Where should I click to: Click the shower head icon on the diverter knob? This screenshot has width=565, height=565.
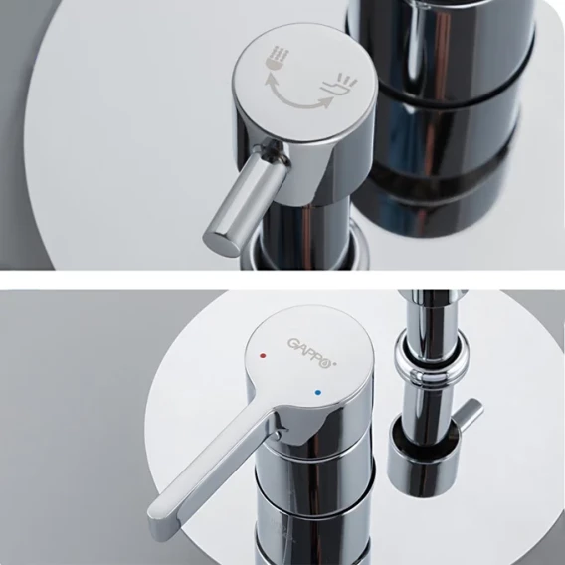(277, 58)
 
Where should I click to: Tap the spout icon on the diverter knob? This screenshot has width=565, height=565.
(339, 85)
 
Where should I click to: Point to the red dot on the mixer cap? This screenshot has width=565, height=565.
(263, 356)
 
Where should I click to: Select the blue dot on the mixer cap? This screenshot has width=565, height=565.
(317, 393)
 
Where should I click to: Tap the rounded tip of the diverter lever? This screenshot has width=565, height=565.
(221, 243)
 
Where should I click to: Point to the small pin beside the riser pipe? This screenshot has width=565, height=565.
(470, 415)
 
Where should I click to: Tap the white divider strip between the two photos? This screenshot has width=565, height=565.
(282, 280)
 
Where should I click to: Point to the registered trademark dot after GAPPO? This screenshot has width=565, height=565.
(334, 364)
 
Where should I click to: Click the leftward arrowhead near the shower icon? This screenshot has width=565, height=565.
(270, 78)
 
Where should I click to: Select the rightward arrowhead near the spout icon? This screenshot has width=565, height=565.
(326, 103)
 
